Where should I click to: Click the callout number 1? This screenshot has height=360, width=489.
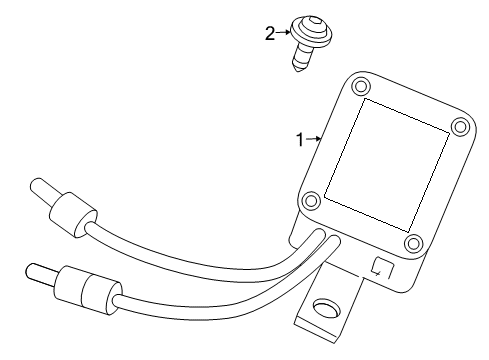tap(298, 140)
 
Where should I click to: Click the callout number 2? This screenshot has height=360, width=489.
tap(269, 34)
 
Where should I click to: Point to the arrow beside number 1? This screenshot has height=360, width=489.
tap(312, 140)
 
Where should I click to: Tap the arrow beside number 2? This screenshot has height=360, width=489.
tap(282, 34)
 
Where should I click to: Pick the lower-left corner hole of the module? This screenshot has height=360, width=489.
tap(311, 201)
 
